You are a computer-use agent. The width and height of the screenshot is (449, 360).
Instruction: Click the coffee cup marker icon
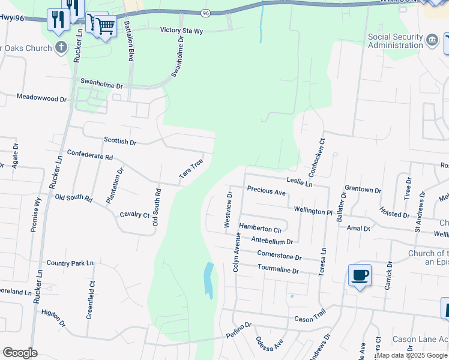click(x=360, y=275)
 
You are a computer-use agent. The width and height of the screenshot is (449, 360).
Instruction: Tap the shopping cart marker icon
click(x=106, y=26)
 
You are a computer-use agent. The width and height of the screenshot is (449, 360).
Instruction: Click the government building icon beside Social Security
click(x=432, y=41)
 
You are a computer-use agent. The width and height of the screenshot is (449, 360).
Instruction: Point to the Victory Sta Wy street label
click(x=186, y=30)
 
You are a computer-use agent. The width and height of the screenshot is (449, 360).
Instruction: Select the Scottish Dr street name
click(x=120, y=142)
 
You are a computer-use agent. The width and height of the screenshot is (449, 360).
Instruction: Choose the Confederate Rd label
click(x=90, y=156)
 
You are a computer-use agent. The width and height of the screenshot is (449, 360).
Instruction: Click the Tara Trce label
click(x=191, y=170)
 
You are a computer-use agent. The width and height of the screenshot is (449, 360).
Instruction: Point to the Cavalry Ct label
click(x=134, y=214)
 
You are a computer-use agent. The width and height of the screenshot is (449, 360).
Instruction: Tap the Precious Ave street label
click(x=266, y=192)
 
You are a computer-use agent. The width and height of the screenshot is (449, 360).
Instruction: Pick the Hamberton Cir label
click(x=260, y=229)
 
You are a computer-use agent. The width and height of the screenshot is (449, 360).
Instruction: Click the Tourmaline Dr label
click(x=278, y=271)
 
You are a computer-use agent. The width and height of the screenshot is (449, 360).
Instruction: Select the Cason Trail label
click(x=310, y=319)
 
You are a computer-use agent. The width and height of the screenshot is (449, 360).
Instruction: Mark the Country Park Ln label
click(x=70, y=263)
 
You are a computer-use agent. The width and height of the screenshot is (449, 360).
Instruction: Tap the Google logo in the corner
click(x=20, y=353)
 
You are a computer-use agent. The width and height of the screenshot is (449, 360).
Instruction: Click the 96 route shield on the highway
click(x=206, y=12)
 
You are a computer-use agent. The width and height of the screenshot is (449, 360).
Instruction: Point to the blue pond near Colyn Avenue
click(x=208, y=280)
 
